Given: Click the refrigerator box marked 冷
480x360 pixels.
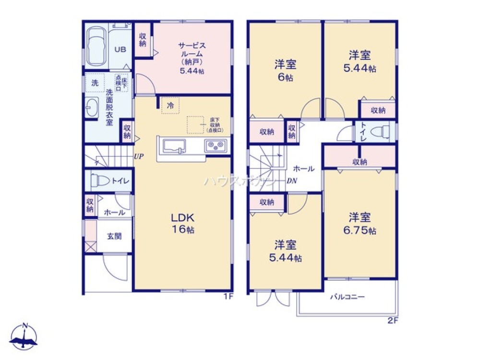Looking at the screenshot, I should point(170,105).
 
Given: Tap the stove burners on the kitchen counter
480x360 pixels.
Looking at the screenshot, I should point(215,145).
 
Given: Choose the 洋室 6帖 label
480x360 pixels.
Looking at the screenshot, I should point(285,70).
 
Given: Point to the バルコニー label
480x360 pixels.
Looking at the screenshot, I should point(348,297).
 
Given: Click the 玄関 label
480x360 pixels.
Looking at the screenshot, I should point(114,236).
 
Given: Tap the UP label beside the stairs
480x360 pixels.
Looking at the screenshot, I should point(139,156).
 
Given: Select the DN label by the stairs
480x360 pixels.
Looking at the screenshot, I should point(291,181).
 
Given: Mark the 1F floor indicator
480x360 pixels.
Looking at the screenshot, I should point(228,296).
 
